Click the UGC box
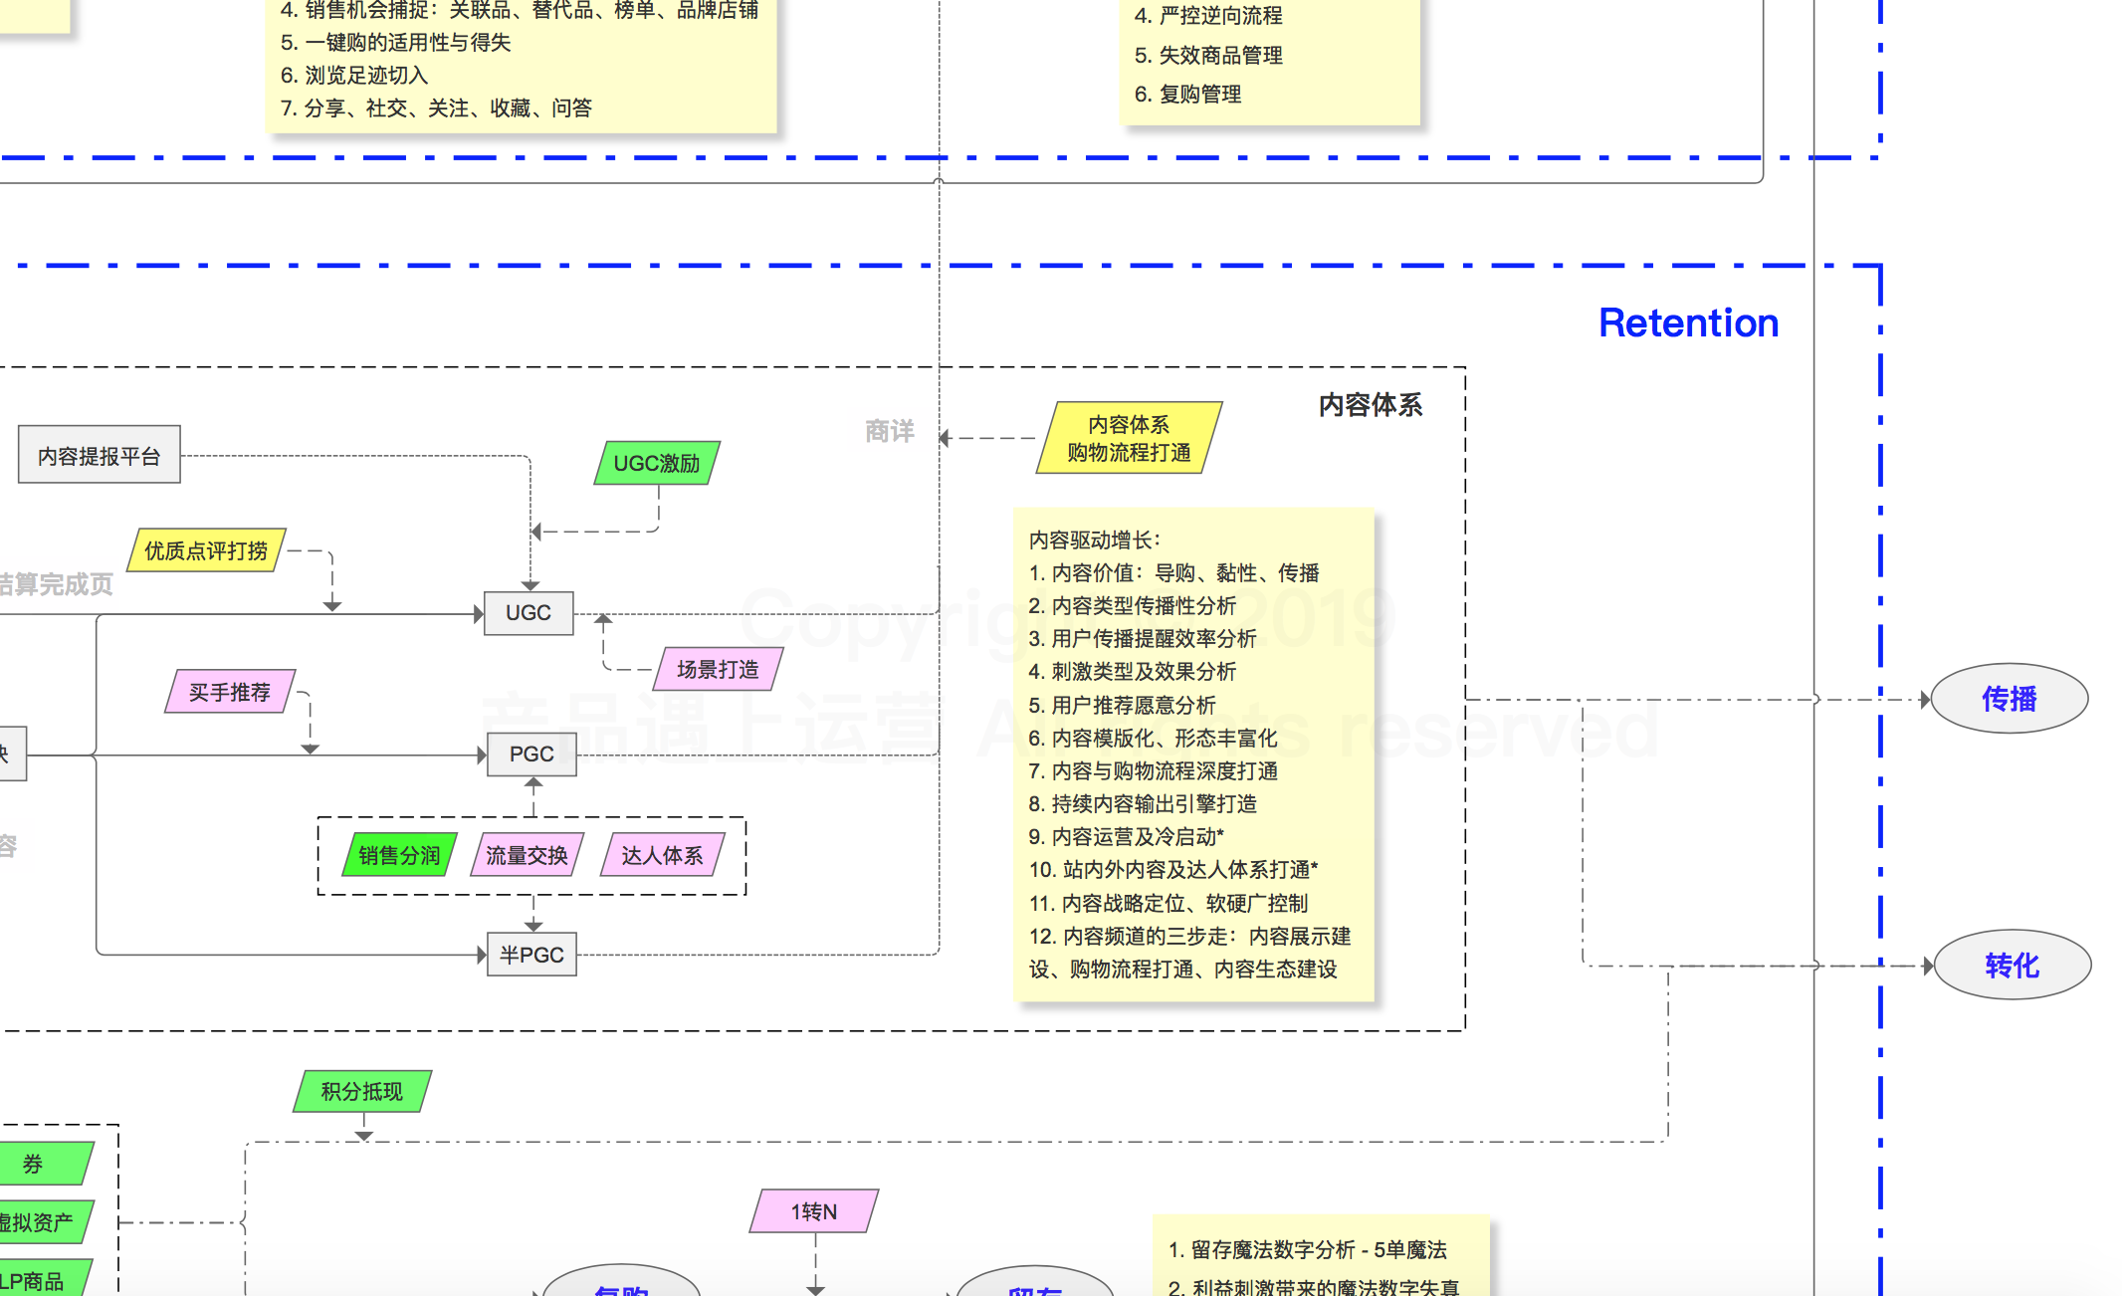(x=528, y=613)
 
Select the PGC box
(x=531, y=755)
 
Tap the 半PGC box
(x=531, y=956)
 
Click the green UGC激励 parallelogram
(x=657, y=463)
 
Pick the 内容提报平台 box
(x=100, y=456)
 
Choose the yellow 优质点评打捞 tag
(x=206, y=550)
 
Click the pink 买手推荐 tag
(x=230, y=692)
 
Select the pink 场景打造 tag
(x=718, y=669)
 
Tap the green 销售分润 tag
(x=399, y=855)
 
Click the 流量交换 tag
(x=527, y=855)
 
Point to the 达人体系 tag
(x=662, y=855)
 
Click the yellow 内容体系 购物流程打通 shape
(x=1129, y=438)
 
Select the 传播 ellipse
(x=2009, y=699)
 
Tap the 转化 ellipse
(x=2011, y=965)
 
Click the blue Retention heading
(x=1688, y=324)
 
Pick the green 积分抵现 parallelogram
(x=362, y=1091)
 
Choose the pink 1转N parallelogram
(x=814, y=1211)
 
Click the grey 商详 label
(x=889, y=431)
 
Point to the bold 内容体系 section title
(x=1370, y=405)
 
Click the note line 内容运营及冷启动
(x=1126, y=837)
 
